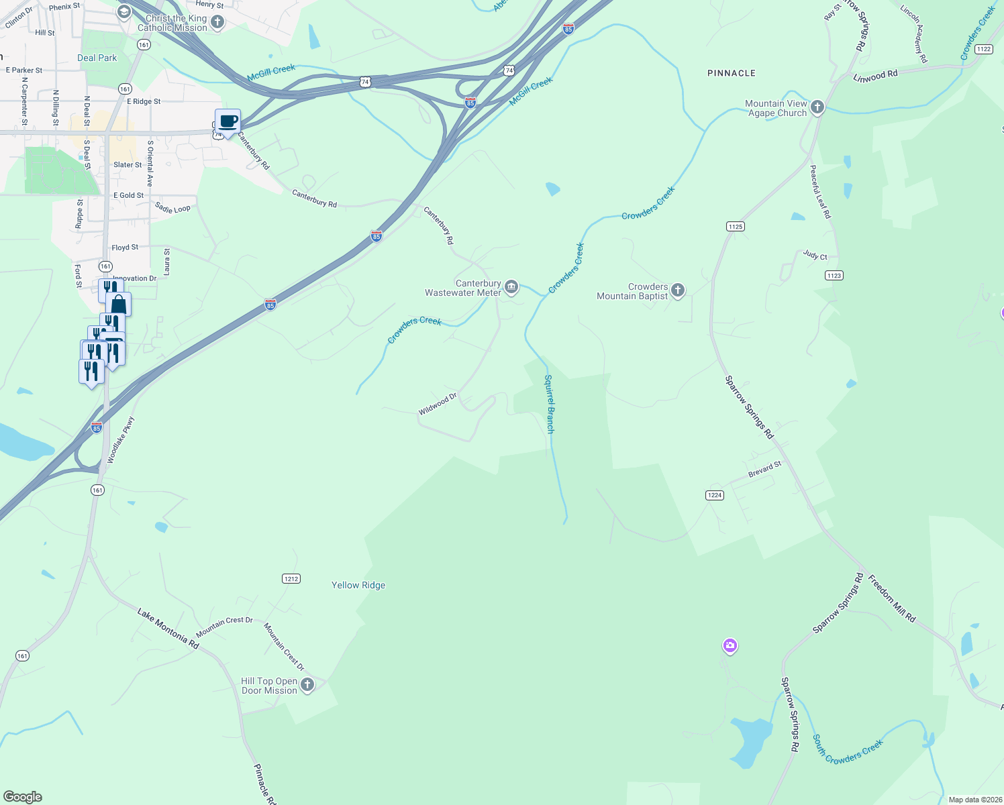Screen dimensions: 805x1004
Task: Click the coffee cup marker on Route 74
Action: tap(228, 122)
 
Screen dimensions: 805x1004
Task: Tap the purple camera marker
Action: tap(730, 646)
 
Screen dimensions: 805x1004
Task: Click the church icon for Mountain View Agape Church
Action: tap(817, 107)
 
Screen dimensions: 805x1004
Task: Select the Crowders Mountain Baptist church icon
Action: tap(678, 290)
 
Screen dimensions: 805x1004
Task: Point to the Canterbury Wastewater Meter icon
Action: tap(511, 288)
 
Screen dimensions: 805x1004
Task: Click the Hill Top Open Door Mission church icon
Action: tap(307, 685)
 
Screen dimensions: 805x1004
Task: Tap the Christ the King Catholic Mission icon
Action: tap(217, 23)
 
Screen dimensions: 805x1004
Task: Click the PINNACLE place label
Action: tap(731, 73)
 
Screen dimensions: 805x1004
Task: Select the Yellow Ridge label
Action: tap(358, 585)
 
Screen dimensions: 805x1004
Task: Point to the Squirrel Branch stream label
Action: tap(549, 404)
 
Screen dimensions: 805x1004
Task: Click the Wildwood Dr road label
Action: tap(438, 404)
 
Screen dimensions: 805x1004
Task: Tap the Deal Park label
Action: tap(97, 58)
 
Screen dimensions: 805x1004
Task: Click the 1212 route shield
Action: tap(291, 579)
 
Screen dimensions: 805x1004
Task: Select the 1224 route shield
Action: tap(714, 495)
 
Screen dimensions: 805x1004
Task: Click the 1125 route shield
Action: tap(735, 227)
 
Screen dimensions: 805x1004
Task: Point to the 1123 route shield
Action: tap(834, 276)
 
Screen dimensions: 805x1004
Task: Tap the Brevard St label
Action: tap(764, 470)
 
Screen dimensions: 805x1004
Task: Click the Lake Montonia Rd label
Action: tap(168, 629)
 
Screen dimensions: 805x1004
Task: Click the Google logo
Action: tap(23, 797)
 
